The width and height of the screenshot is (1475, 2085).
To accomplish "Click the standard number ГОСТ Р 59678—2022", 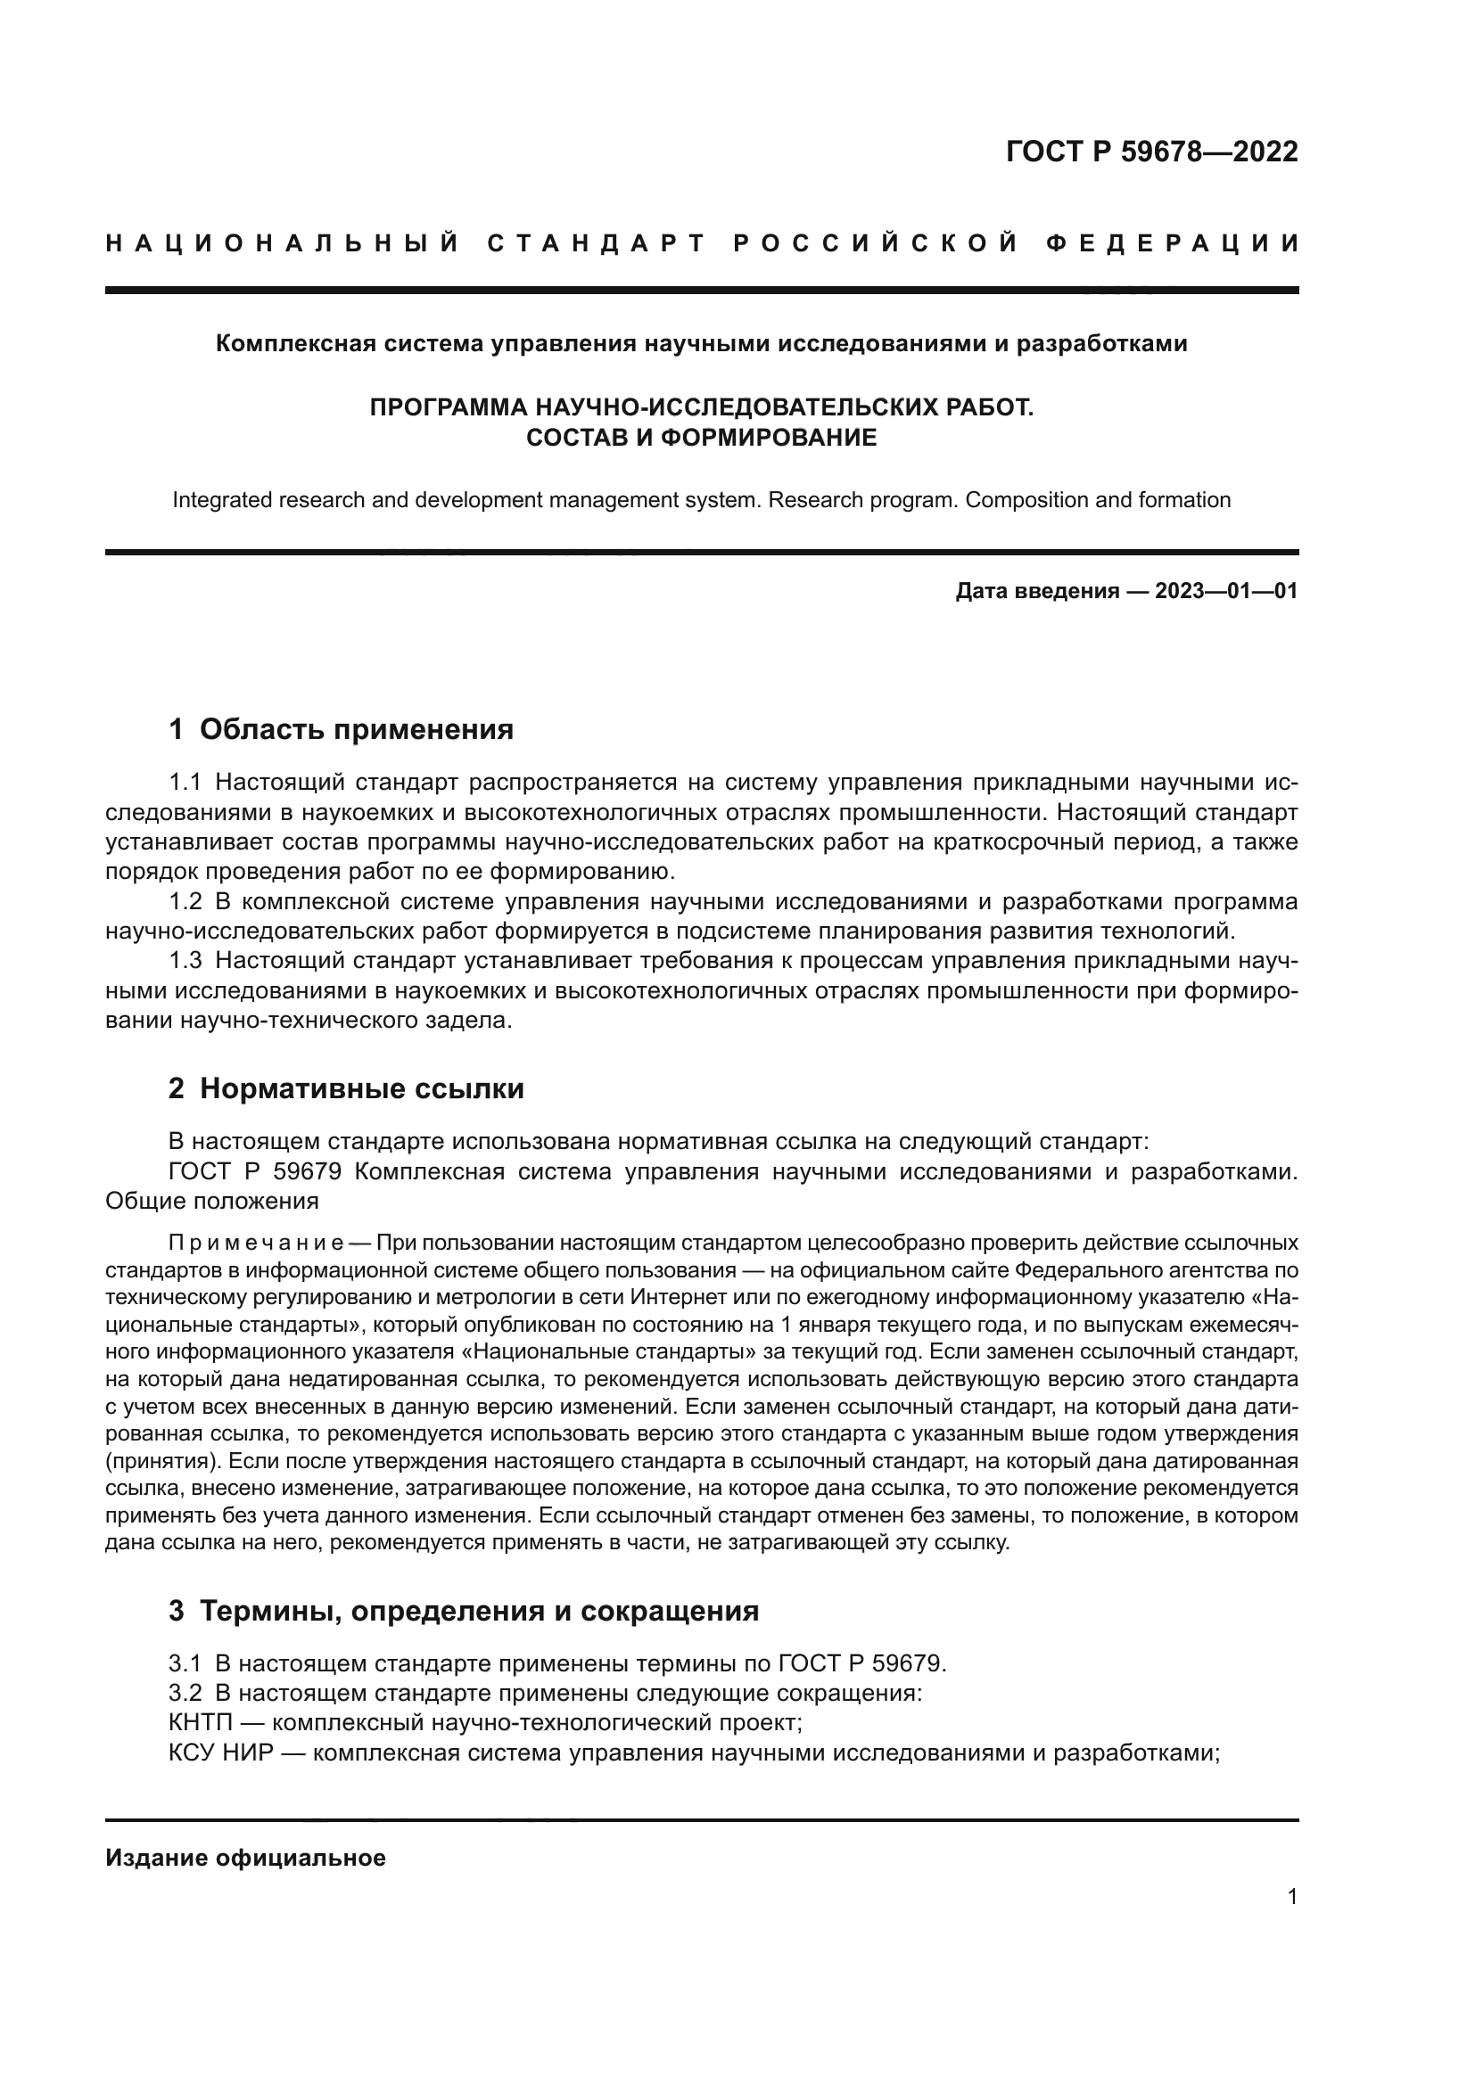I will (1151, 152).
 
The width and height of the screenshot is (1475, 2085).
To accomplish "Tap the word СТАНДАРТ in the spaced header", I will (596, 243).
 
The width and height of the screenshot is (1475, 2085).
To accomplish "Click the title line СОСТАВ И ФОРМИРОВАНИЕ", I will (701, 438).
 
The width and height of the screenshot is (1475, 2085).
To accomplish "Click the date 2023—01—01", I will (1225, 592).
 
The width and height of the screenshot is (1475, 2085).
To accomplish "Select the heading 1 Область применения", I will (342, 729).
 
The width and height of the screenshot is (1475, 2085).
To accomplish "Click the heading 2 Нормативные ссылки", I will (346, 1088).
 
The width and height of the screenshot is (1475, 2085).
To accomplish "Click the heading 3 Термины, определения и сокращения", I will (463, 1611).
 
